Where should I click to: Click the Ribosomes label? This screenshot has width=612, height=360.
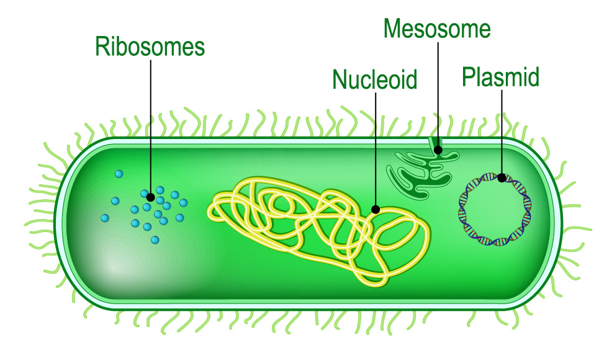click(x=150, y=47)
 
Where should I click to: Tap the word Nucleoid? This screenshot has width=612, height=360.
click(x=374, y=79)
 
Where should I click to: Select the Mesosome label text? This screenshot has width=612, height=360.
click(x=437, y=29)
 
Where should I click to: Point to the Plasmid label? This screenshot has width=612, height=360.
click(x=500, y=77)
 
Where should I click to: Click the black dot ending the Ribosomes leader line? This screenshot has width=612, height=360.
click(x=150, y=197)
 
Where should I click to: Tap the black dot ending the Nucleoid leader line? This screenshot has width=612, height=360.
click(x=375, y=209)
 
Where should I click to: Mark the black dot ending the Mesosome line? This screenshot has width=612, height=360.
click(x=438, y=150)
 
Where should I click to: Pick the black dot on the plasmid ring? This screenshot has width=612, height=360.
click(x=502, y=178)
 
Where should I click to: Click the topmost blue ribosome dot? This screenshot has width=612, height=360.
click(x=119, y=173)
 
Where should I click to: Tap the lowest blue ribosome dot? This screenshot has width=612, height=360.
click(x=155, y=240)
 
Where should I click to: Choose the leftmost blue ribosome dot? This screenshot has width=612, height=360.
click(x=105, y=218)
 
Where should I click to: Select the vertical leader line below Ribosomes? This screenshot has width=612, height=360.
click(x=150, y=124)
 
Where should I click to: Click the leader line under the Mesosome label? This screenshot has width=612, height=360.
click(x=438, y=93)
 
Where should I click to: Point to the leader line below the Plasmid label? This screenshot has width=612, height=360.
click(x=502, y=130)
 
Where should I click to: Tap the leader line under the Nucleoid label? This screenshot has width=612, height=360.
click(x=375, y=149)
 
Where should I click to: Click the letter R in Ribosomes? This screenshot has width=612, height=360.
click(x=102, y=47)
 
